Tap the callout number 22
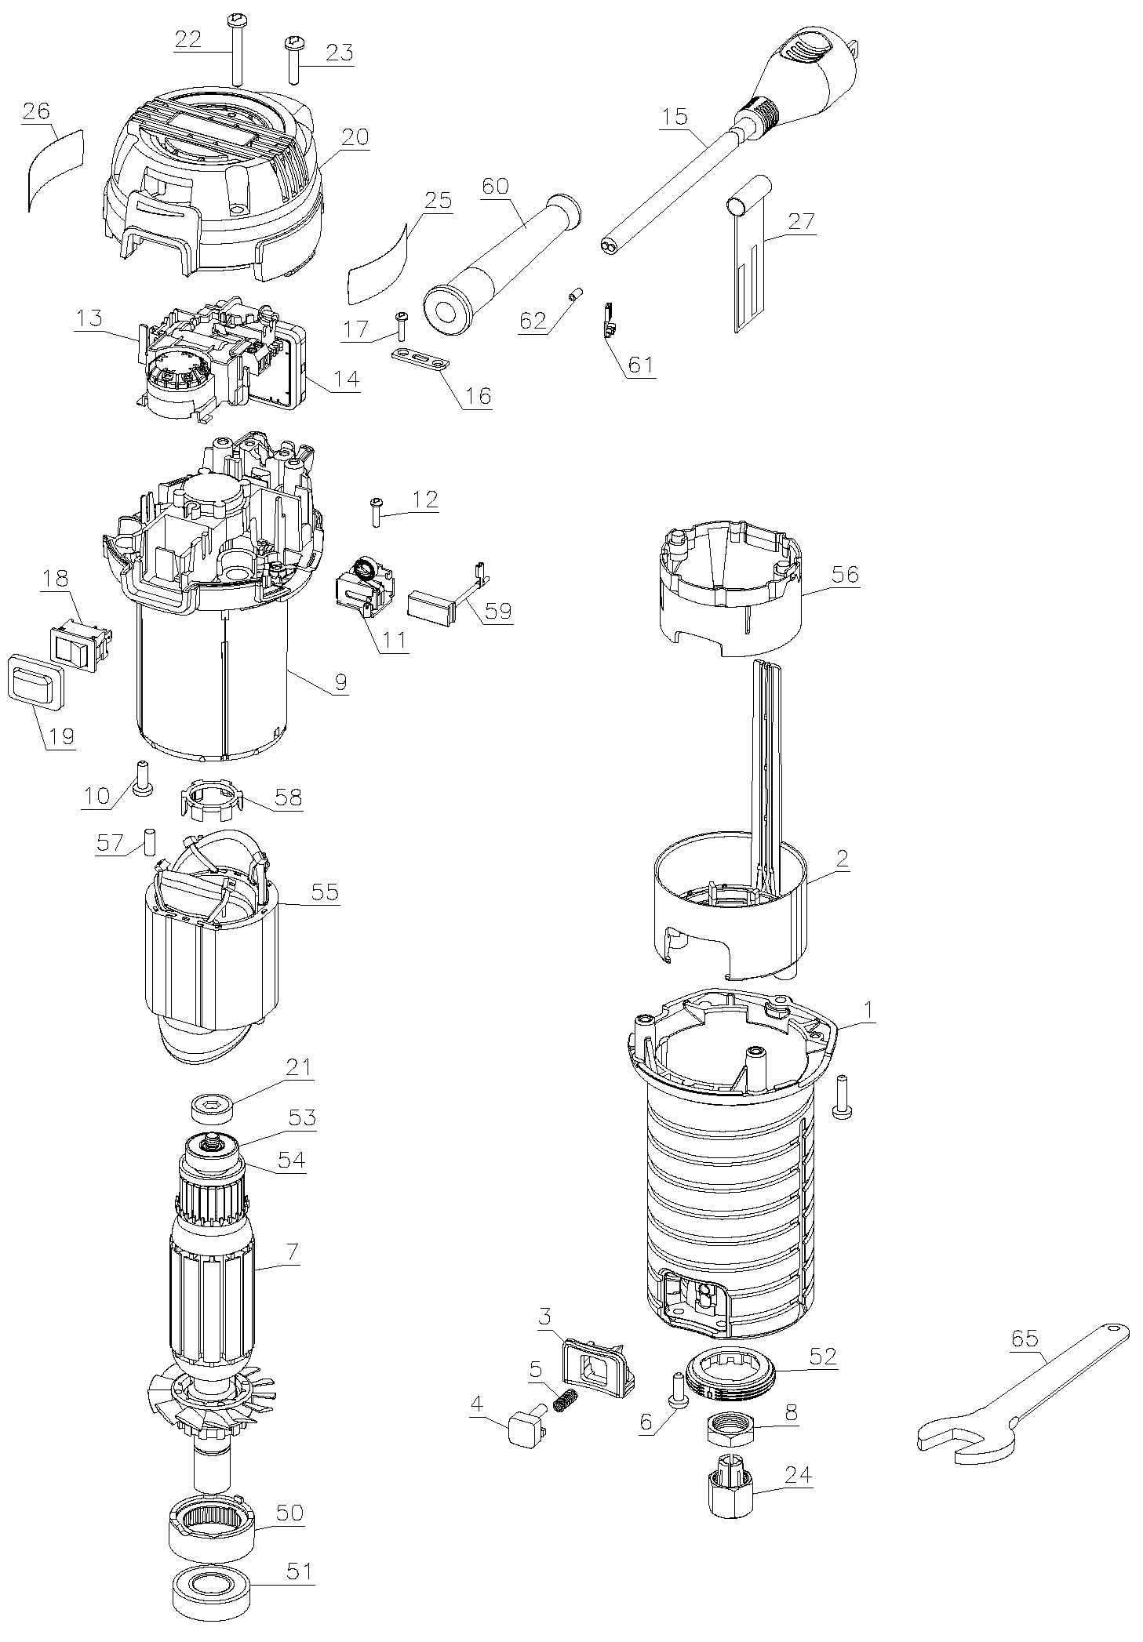click(188, 40)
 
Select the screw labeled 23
click(293, 60)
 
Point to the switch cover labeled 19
click(35, 679)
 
